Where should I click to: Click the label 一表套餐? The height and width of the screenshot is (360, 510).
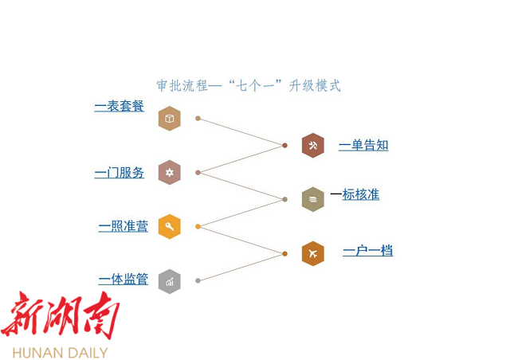[x=120, y=106]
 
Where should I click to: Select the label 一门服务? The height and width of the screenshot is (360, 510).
[x=120, y=173]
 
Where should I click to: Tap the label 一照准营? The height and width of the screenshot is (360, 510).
[x=124, y=226]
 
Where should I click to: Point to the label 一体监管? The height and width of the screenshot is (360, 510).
[x=124, y=280]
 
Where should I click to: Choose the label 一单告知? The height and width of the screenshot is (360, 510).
[x=363, y=145]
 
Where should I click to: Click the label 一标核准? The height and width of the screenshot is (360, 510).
[x=355, y=194]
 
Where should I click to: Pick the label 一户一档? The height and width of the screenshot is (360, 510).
[x=368, y=251]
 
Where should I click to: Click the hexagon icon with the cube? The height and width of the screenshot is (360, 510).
[x=170, y=119]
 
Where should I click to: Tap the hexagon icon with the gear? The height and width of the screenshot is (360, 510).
[x=170, y=172]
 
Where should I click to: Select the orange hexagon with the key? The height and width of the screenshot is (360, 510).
[x=170, y=226]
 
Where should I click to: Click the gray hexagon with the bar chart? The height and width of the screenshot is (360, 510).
[x=170, y=281]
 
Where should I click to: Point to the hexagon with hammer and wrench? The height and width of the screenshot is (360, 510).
[x=313, y=146]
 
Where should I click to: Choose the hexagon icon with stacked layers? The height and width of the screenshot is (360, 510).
[x=313, y=199]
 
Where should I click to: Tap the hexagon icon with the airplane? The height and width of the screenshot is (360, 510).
[x=313, y=253]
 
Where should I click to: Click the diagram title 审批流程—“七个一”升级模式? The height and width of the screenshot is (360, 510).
[x=249, y=86]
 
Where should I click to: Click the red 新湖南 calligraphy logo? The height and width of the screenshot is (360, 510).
[x=61, y=315]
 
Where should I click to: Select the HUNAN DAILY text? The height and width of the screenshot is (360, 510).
[x=61, y=353]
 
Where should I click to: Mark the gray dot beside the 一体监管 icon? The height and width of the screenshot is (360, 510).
[x=198, y=280]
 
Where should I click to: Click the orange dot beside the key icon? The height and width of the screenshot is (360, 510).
[x=198, y=226]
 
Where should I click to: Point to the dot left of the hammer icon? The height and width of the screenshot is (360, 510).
[x=285, y=146]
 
